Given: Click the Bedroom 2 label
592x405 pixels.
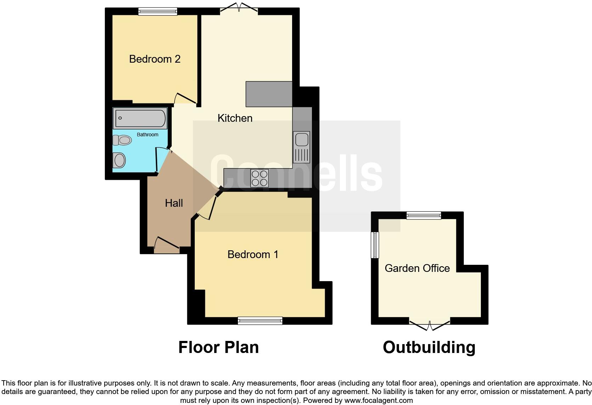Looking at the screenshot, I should coord(155,59).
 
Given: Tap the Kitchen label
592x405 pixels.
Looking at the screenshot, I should coord(235,118).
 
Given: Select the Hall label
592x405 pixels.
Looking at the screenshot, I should coord(174,203).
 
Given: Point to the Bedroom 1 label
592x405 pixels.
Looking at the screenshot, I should coord(253,254).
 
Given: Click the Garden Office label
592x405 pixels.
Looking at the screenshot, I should coord(417,268).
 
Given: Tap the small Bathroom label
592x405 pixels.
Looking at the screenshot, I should coord(148,135).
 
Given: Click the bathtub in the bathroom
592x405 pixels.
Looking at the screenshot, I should coord(140,118).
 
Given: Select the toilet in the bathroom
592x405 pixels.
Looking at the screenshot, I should coord(122,141).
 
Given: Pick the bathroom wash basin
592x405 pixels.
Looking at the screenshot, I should coord(119,161).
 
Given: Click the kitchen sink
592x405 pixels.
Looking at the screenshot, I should coord(301,139).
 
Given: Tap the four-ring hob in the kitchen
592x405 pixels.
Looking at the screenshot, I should coord(260,178).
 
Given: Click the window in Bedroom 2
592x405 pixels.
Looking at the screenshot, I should coord(158,11).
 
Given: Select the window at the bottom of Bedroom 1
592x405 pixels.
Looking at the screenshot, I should coord(260,321).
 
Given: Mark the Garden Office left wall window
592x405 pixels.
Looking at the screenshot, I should coord(375,245).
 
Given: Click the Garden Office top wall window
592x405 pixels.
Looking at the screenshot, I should coord(424,215).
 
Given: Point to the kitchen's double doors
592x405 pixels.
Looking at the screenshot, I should coord(238,8).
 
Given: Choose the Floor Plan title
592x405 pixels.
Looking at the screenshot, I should coord(218,347).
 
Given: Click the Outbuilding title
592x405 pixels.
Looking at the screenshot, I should coord(429,347).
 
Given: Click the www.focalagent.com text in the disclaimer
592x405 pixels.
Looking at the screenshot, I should coord(378,400).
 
